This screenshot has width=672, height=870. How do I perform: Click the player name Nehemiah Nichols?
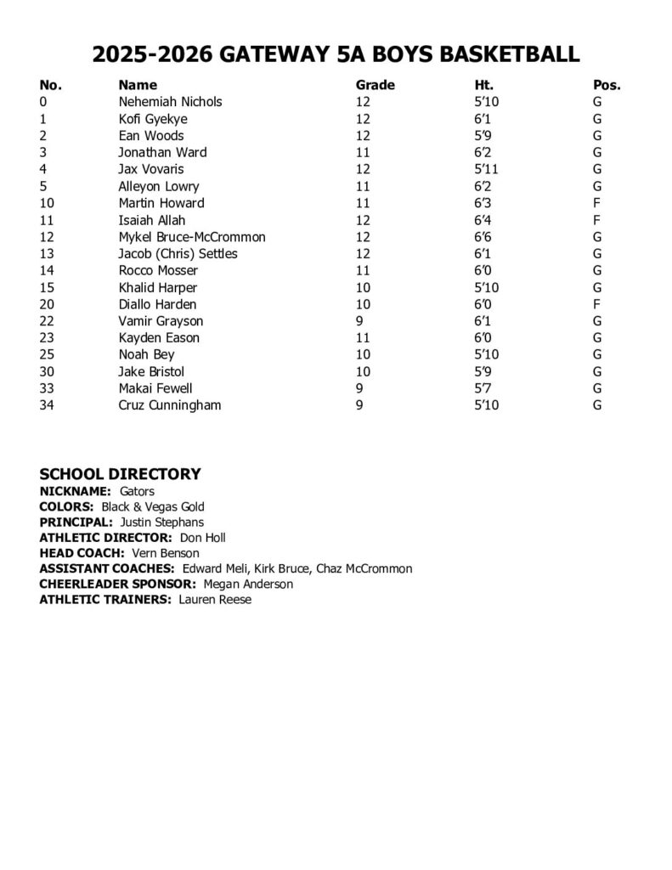170,102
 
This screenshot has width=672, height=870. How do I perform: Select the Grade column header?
375,85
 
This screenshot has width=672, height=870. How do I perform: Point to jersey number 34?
47,405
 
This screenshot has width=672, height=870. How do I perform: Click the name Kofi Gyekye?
153,119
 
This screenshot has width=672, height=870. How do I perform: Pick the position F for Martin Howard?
597,203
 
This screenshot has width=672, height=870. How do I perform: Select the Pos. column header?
607,85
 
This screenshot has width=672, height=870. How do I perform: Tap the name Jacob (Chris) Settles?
178,254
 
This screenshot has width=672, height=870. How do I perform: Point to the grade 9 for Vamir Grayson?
359,321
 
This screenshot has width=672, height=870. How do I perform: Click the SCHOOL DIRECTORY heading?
121,474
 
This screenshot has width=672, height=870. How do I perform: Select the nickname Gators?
137,491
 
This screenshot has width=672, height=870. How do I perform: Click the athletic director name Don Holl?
202,538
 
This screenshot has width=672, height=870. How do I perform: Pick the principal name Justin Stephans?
161,523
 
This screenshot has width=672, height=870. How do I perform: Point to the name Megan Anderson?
248,585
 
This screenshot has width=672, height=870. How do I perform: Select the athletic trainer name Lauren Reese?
215,600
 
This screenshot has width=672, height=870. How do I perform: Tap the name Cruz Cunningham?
169,405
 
